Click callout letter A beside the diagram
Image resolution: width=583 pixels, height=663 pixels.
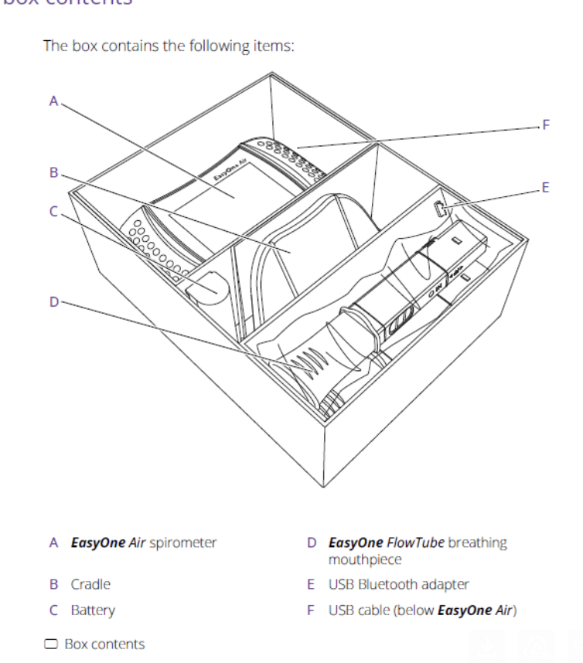tap(53, 100)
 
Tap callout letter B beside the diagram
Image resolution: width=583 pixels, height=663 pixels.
tap(53, 172)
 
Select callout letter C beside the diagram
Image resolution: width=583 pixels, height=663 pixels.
tap(53, 210)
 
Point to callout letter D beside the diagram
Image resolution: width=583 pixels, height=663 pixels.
tap(53, 301)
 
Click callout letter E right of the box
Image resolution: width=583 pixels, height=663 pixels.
tap(546, 187)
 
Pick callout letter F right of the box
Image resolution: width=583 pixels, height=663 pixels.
tap(546, 124)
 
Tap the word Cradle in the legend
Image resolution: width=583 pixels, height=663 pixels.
tap(90, 584)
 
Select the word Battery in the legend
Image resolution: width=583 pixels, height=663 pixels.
tap(93, 610)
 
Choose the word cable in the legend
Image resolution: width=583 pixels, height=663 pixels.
tap(373, 610)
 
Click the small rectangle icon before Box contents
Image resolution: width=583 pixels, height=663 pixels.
tap(52, 644)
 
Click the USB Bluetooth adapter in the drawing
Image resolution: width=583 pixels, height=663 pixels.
tap(439, 208)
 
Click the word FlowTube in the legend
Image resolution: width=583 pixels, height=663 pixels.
tap(415, 542)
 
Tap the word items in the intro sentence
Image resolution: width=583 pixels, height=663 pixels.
tap(273, 46)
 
